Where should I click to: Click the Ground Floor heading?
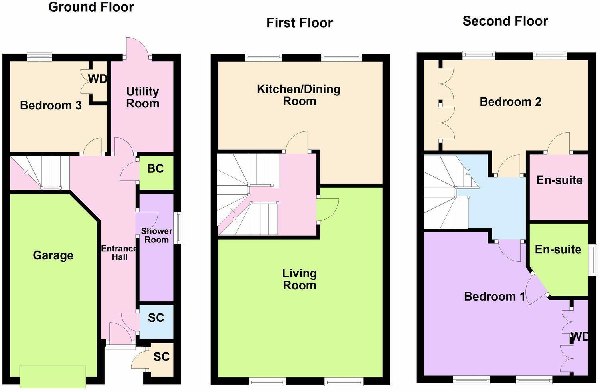[91, 7]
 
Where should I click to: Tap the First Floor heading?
[300, 22]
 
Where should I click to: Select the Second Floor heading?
[505, 21]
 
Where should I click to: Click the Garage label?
[53, 255]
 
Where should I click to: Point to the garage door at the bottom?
[53, 377]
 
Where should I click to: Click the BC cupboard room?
[156, 173]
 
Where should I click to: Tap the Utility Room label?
[142, 97]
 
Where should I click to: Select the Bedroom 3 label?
[51, 105]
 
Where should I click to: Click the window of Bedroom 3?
[39, 56]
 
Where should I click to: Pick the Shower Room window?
[178, 228]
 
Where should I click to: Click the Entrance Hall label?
[119, 253]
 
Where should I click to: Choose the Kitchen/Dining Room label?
[299, 95]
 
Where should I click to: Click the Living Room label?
[300, 279]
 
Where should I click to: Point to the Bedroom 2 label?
[510, 102]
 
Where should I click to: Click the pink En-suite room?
[559, 187]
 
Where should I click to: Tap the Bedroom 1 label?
[494, 296]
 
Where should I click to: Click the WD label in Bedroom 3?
[97, 79]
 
